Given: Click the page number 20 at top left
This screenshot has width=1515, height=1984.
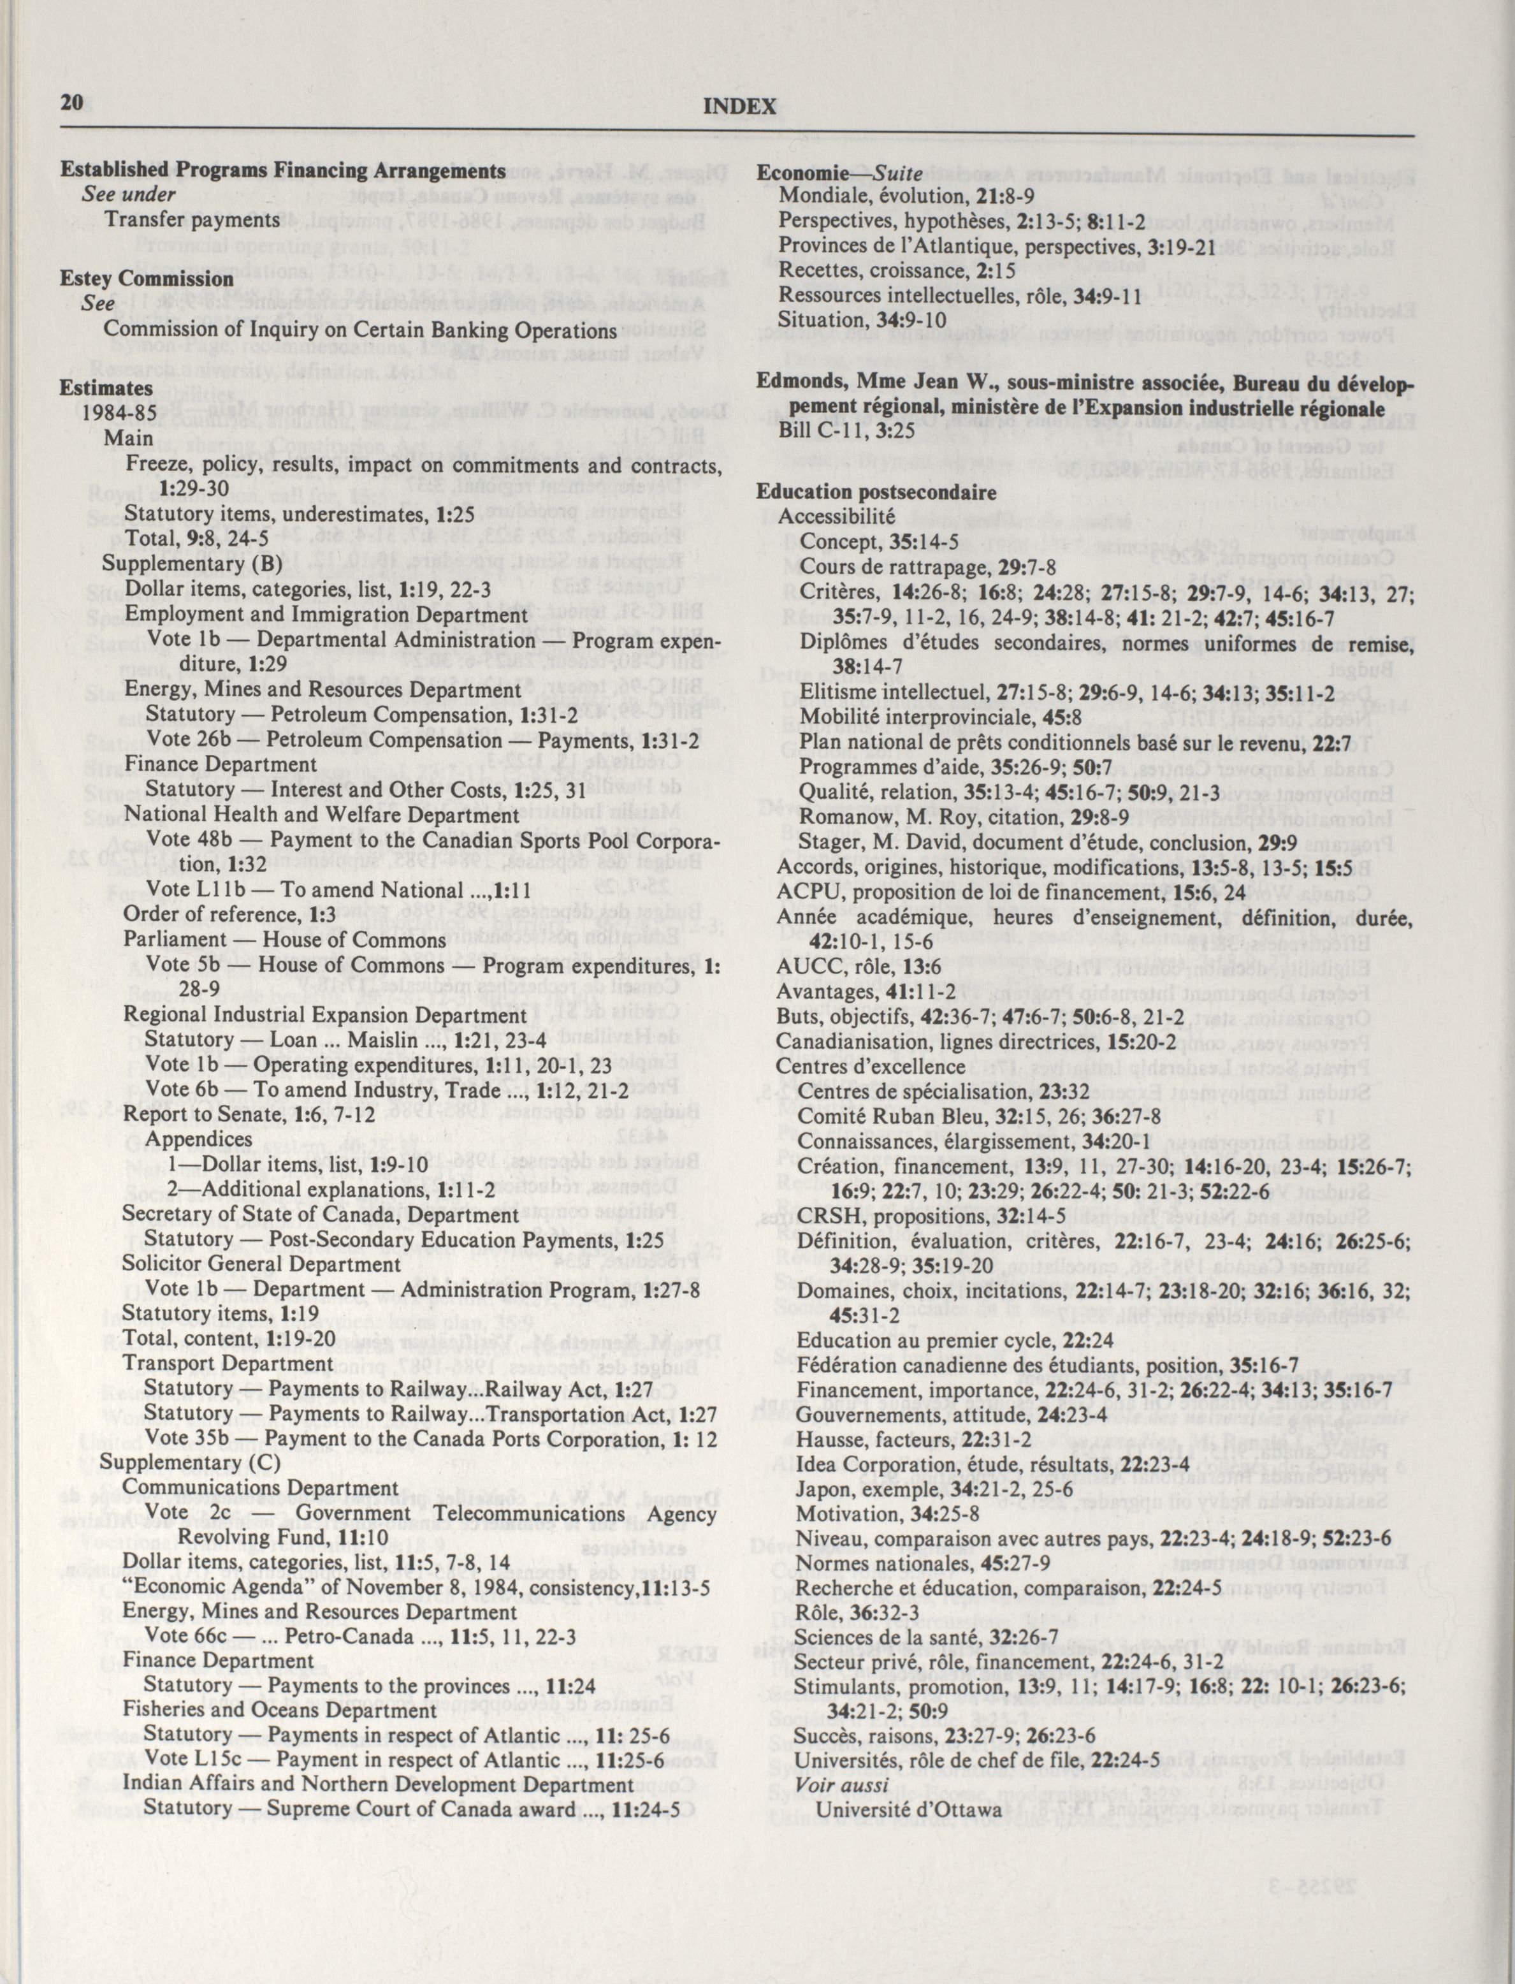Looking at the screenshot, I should pos(71,103).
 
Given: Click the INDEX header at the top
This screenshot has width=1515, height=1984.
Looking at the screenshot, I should pos(739,107).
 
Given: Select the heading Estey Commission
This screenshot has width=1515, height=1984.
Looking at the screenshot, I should pos(147,279).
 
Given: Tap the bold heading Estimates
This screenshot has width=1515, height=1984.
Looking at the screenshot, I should pos(106,388).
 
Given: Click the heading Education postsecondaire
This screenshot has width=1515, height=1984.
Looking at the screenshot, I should pos(876,492).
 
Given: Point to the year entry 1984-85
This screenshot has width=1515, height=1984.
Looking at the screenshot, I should pos(120,413).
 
